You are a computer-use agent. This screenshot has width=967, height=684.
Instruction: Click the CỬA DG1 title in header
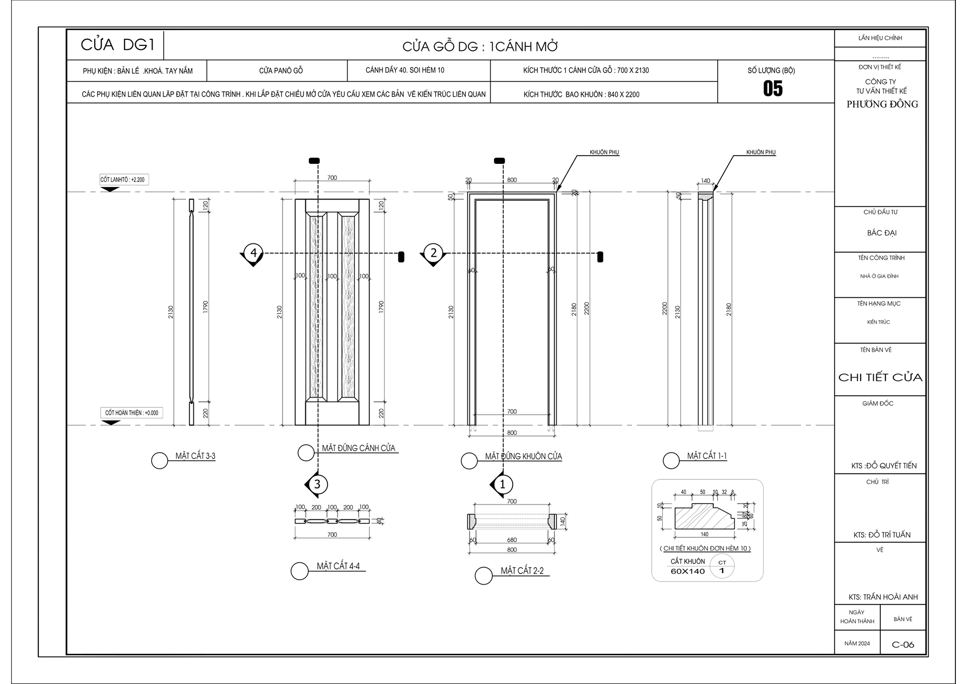(117, 45)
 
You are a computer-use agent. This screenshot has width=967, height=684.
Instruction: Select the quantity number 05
(773, 89)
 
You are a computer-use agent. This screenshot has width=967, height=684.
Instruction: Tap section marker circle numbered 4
(253, 253)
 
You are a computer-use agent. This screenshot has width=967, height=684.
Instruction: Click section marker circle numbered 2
(433, 253)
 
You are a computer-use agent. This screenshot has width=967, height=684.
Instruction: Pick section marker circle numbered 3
(317, 484)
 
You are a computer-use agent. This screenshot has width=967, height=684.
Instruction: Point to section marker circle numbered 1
(502, 484)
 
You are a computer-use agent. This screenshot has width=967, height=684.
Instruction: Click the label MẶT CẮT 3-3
(195, 456)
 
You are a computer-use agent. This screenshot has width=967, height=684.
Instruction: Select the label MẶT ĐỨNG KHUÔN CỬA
(523, 456)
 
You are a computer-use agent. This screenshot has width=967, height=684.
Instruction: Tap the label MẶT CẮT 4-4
(338, 566)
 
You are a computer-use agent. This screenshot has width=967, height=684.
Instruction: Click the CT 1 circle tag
(722, 567)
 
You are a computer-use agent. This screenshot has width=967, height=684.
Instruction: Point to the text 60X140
(687, 571)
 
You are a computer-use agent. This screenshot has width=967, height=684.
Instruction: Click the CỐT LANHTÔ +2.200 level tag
(123, 179)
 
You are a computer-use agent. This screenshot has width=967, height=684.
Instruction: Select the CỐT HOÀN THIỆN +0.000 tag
(131, 413)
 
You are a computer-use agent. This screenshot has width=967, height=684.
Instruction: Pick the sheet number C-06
(903, 645)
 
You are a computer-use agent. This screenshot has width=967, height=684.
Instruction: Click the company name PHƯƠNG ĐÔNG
(882, 104)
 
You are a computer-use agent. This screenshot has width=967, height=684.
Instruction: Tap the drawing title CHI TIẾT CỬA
(880, 378)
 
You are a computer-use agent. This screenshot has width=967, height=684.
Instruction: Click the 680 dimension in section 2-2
(512, 540)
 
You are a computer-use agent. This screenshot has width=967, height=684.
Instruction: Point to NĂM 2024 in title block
(857, 644)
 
